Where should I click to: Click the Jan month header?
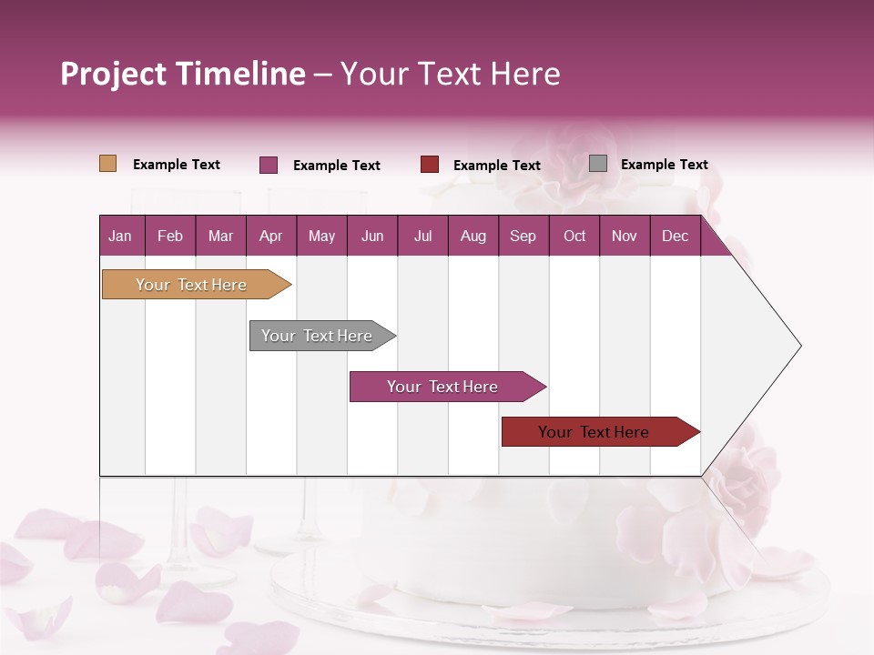click(120, 236)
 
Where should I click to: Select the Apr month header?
click(270, 236)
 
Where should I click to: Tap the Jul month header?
click(422, 236)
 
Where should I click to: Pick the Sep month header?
click(523, 236)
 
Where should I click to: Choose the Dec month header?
click(675, 236)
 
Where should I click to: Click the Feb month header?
click(170, 236)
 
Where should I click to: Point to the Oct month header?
click(574, 236)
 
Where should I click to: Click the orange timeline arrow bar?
click(191, 285)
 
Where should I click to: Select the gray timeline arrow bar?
click(317, 336)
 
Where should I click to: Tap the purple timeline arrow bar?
click(442, 387)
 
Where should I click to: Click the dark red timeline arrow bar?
click(594, 432)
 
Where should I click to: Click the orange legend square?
click(108, 164)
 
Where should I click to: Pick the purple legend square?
click(269, 165)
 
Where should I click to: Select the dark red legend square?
click(430, 165)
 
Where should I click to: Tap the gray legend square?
click(598, 164)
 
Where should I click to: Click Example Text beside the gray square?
click(664, 165)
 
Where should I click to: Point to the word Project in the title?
click(113, 74)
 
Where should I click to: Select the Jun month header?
click(372, 236)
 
